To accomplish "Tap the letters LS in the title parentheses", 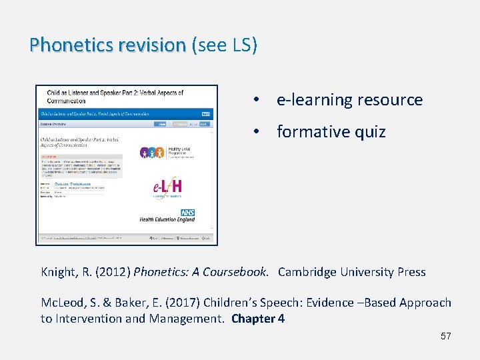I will pos(241,45).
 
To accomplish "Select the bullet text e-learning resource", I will pos(349,100).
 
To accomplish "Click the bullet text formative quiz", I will pos(331,132).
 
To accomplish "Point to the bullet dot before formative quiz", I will pos(255,132).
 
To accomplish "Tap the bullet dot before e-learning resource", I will pos(255,100).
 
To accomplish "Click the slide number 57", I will pos(445,336).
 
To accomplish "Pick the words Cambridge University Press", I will pos(351,272).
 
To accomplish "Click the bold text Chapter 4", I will pos(258,319).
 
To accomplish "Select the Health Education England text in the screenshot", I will pos(167,219).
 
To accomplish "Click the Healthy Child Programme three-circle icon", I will pos(151,153).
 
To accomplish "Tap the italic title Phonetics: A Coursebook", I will pos(201,272).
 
